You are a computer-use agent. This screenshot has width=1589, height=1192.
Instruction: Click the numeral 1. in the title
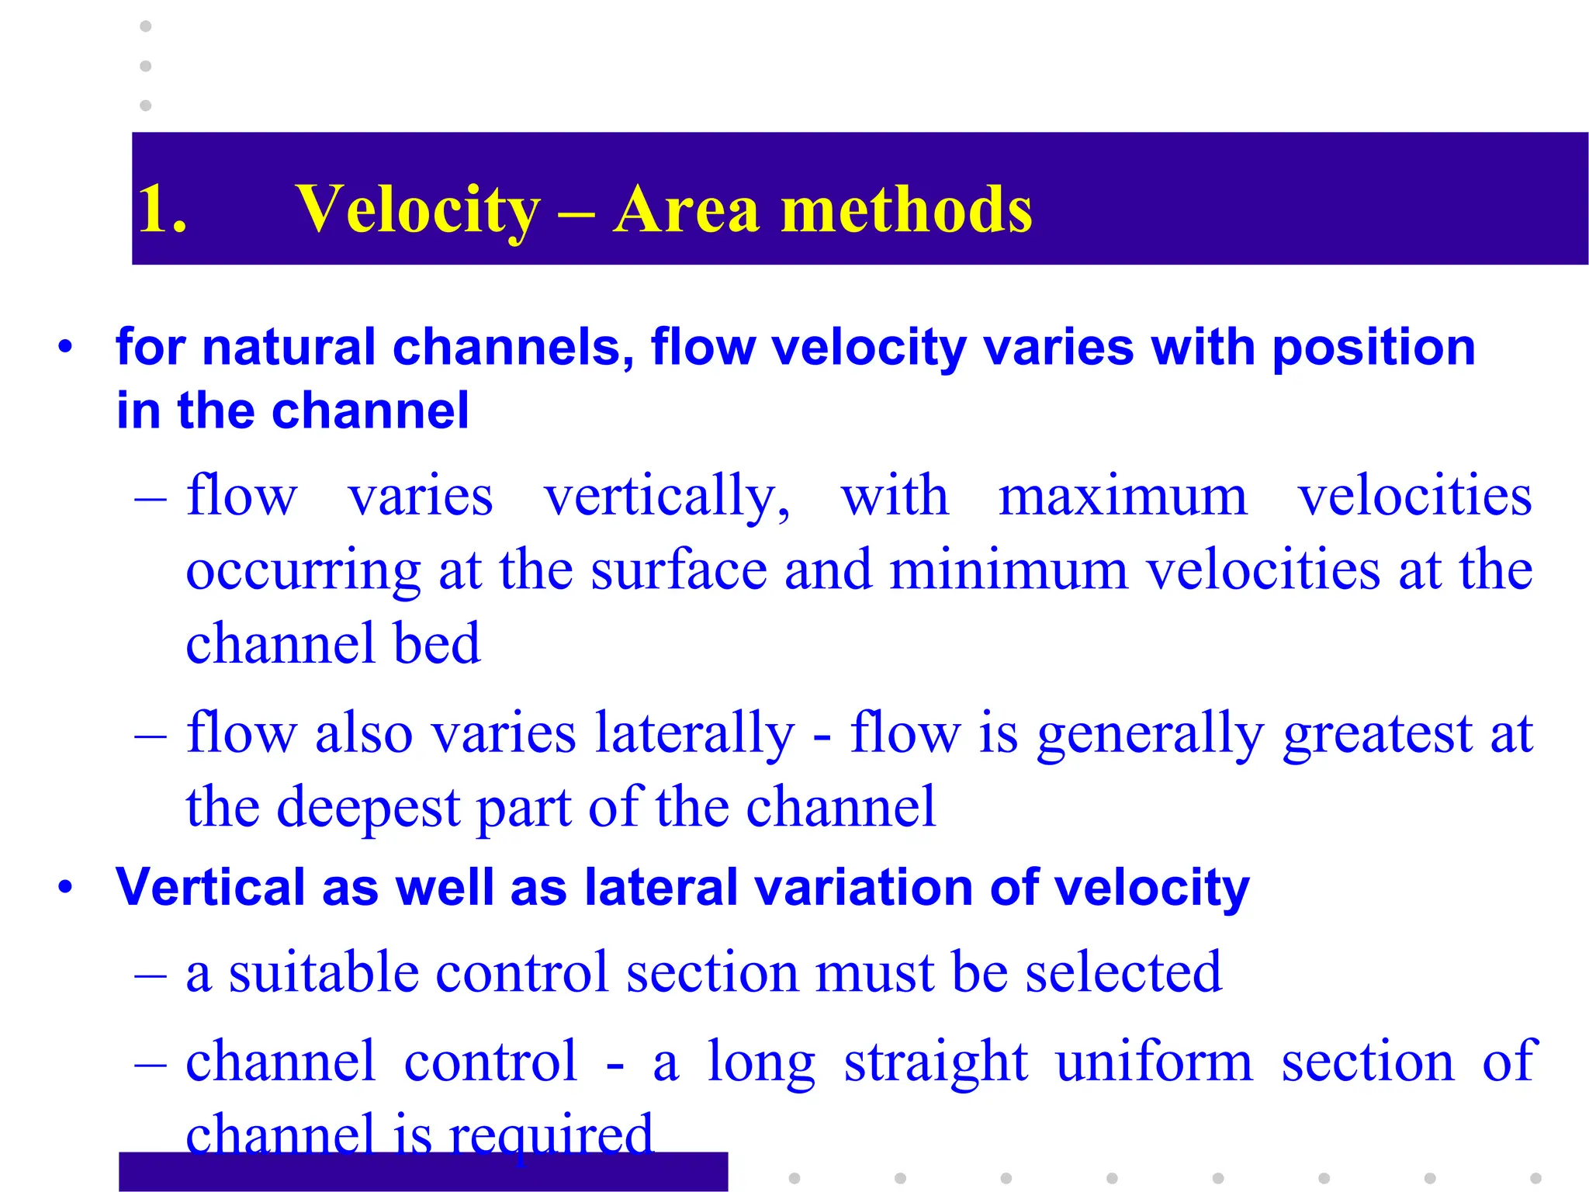161,209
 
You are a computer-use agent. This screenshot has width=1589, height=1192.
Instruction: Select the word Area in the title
686,210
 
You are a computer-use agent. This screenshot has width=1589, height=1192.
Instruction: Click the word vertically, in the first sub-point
666,497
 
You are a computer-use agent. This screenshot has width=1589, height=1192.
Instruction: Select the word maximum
1122,497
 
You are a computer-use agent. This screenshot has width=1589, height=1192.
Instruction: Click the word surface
678,570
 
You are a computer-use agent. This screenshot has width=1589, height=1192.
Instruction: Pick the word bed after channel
437,643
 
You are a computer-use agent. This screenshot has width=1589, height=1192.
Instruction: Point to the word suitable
322,972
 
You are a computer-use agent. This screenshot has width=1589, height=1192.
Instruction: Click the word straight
935,1062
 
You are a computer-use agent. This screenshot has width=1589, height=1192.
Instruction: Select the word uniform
1153,1062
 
